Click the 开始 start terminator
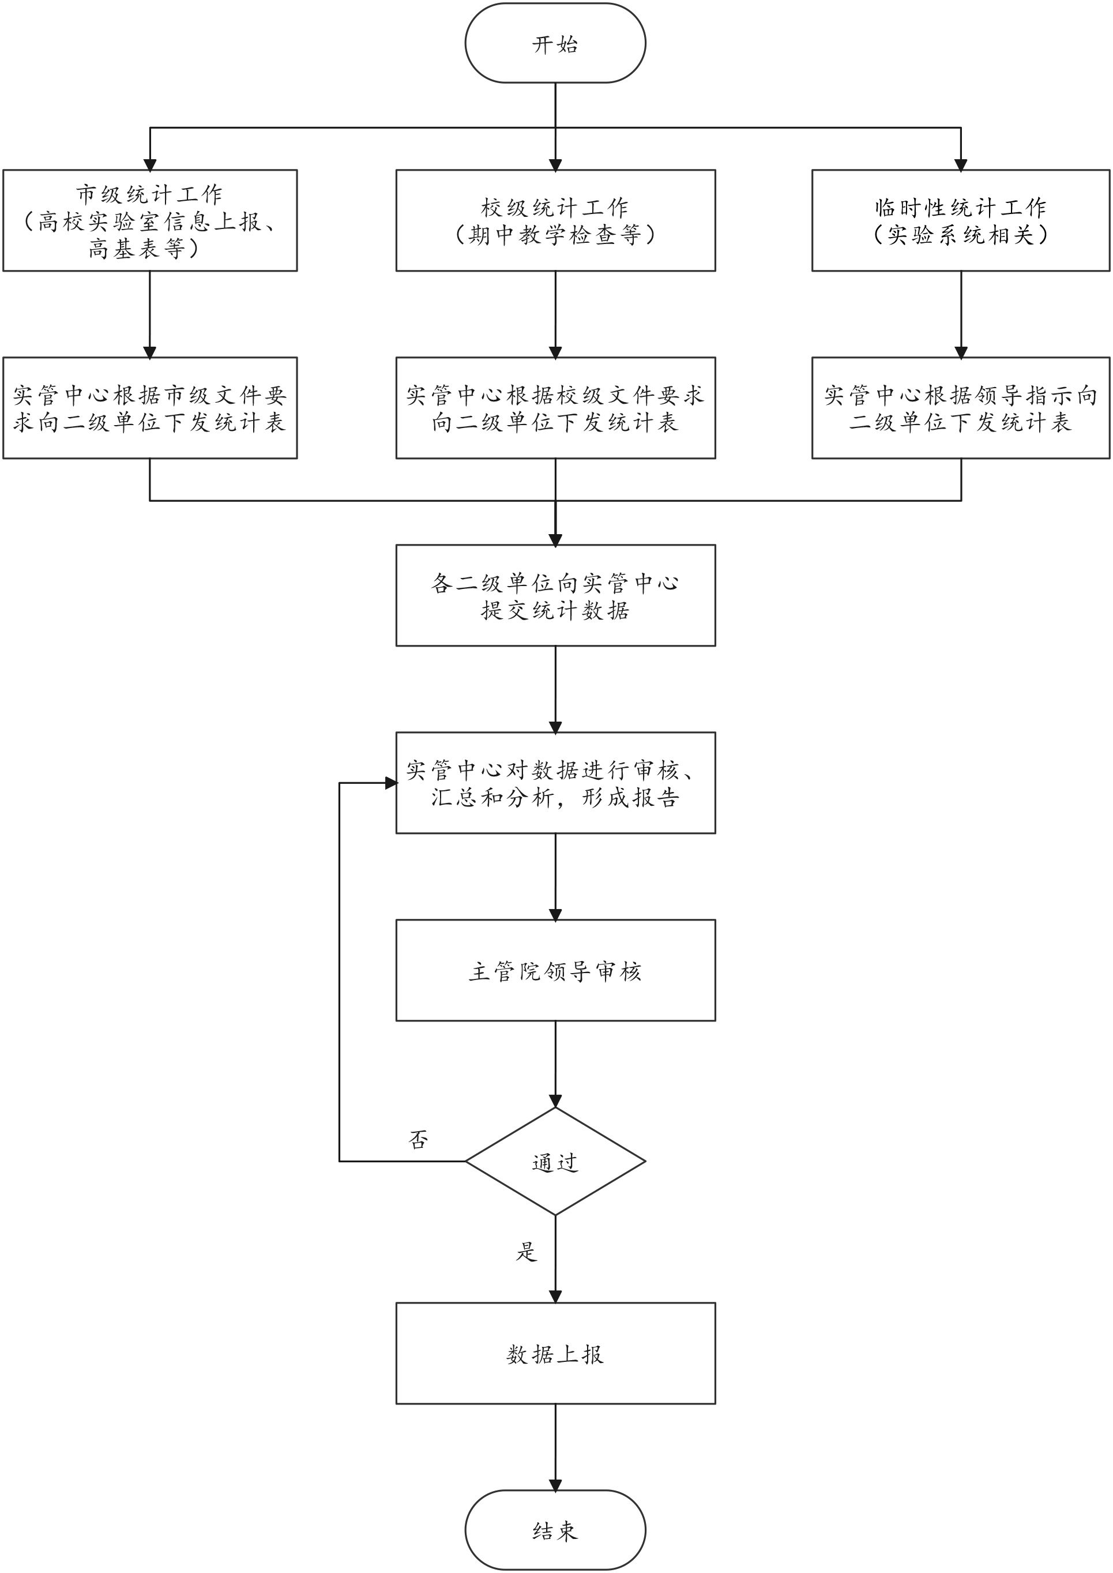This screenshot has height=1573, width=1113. [555, 44]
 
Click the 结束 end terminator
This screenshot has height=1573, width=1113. [555, 1530]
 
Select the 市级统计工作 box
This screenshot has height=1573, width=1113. [150, 220]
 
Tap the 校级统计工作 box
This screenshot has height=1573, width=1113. [555, 220]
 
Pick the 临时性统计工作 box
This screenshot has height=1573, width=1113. [960, 220]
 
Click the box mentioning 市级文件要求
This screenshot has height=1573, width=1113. [150, 408]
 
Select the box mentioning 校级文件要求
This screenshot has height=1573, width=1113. [555, 408]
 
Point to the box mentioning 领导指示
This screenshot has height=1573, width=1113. [960, 408]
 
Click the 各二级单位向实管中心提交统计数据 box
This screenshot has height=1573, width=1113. [555, 595]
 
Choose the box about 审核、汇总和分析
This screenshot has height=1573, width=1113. [555, 783]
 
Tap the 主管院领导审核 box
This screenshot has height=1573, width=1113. [555, 971]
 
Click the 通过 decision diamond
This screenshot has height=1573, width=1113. [555, 1161]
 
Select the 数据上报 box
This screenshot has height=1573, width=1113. [555, 1354]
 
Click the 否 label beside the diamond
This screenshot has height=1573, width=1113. [418, 1140]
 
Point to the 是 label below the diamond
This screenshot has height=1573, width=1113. [527, 1252]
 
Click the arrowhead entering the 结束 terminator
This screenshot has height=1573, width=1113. [555, 1484]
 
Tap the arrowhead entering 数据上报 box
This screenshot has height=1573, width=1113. [555, 1296]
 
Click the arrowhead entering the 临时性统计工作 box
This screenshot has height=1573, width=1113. [960, 164]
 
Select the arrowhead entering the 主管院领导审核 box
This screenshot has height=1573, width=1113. [555, 914]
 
